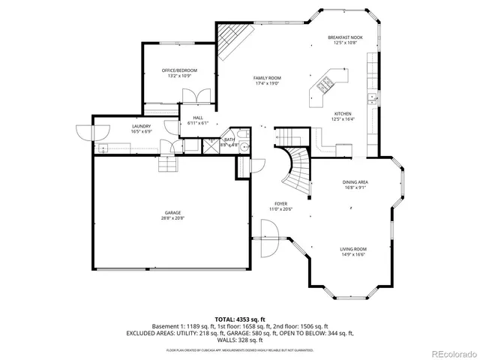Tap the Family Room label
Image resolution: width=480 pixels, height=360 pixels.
click(266, 78)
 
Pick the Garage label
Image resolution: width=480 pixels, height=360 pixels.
click(172, 213)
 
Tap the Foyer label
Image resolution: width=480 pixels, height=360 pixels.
click(280, 203)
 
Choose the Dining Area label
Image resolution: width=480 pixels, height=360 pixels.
click(355, 182)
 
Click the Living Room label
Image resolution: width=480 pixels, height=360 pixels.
click(353, 249)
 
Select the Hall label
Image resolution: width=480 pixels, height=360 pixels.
click(198, 118)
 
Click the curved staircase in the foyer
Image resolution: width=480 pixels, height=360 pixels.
click(298, 166)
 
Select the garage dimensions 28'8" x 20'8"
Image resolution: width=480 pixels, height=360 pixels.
click(172, 218)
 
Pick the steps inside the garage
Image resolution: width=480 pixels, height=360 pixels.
click(169, 163)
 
